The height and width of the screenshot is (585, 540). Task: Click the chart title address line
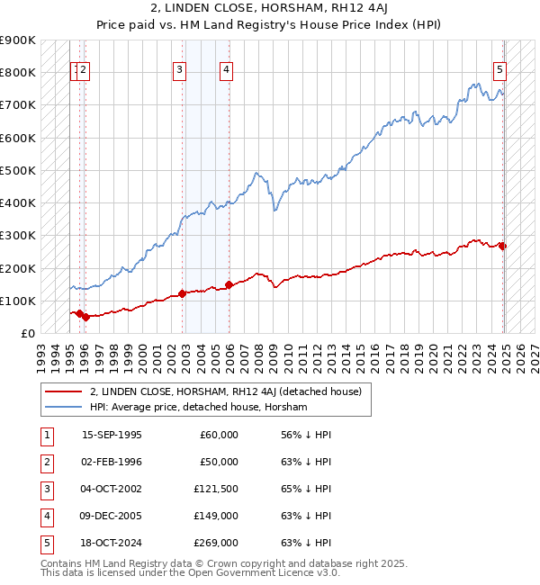269,8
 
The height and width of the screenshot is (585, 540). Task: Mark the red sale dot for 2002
182,293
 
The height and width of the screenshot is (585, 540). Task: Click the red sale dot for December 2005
229,284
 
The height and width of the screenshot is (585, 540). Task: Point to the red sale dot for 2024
503,246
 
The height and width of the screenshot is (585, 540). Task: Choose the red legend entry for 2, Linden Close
225,391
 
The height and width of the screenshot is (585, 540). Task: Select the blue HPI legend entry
198,408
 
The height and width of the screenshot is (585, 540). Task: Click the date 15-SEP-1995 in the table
112,435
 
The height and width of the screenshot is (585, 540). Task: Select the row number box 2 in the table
46,462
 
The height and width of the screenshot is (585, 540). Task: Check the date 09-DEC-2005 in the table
112,516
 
